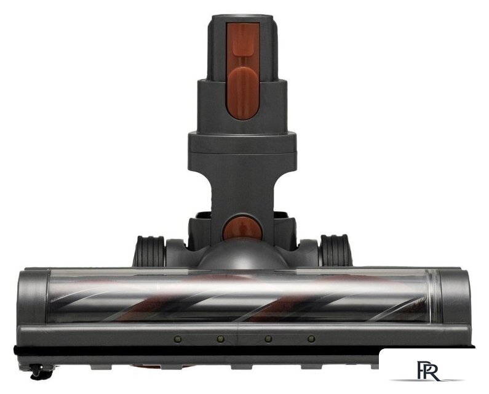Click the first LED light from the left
[178, 339]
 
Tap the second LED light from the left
[221, 339]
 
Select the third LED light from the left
[268, 339]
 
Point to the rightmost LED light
[311, 339]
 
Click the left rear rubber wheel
[149, 251]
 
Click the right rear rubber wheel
[336, 251]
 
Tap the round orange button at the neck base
[242, 229]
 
